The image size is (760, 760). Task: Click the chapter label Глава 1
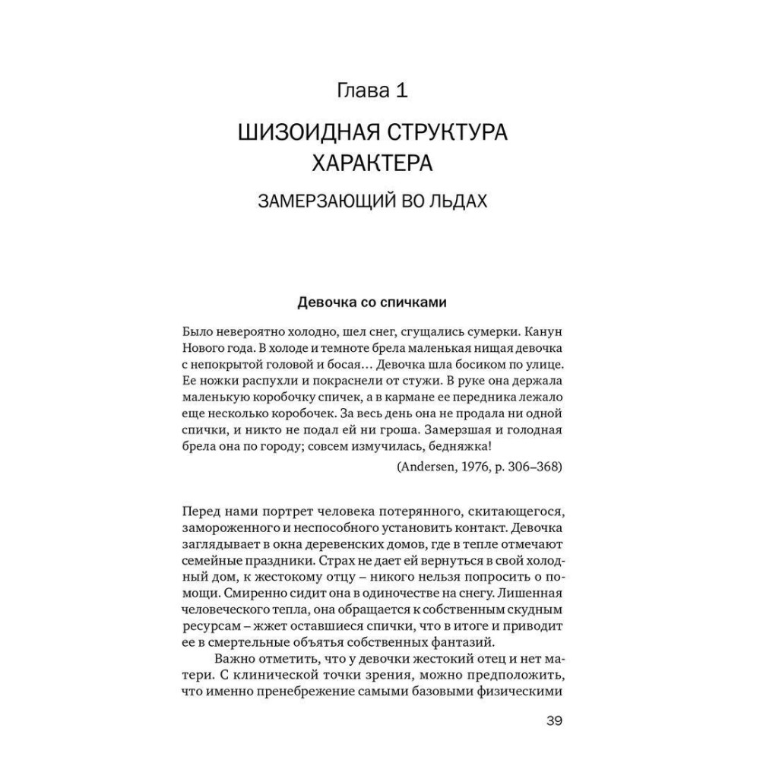pos(372,92)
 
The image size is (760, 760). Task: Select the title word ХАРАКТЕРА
pos(372,164)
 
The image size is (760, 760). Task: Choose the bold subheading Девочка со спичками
pos(372,302)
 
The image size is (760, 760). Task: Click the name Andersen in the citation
pos(426,466)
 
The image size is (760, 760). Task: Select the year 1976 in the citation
pos(474,466)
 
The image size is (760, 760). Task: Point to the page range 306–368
pos(531,466)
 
